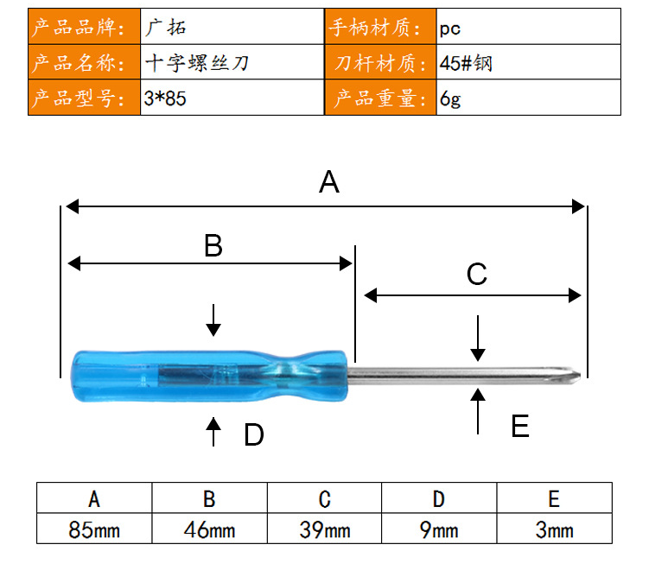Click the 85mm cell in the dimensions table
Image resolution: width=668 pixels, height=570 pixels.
(x=94, y=529)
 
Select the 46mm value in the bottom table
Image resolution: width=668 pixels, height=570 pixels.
(x=209, y=529)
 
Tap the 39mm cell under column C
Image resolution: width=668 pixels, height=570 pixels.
(x=324, y=529)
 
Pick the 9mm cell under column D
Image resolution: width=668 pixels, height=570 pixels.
(x=439, y=529)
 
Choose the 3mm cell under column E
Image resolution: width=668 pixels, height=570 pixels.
(x=554, y=529)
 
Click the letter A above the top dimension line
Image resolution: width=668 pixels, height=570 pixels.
(x=329, y=182)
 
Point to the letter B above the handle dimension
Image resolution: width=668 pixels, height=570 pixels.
(x=213, y=245)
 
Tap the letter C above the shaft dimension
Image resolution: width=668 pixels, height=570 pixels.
(x=476, y=274)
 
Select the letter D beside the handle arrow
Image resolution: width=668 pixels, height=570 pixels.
(x=254, y=434)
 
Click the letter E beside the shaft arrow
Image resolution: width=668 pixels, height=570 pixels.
(x=520, y=426)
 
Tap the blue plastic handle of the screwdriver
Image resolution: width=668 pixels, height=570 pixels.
(x=209, y=377)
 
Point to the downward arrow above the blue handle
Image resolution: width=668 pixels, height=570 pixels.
(x=213, y=320)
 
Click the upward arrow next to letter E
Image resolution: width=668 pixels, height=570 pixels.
(x=478, y=411)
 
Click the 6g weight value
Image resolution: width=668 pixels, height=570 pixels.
(x=450, y=98)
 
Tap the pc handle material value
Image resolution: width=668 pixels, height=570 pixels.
(x=450, y=29)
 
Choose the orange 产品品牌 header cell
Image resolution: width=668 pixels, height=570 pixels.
(x=85, y=27)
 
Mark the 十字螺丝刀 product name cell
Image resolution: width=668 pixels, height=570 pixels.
(x=232, y=62)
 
